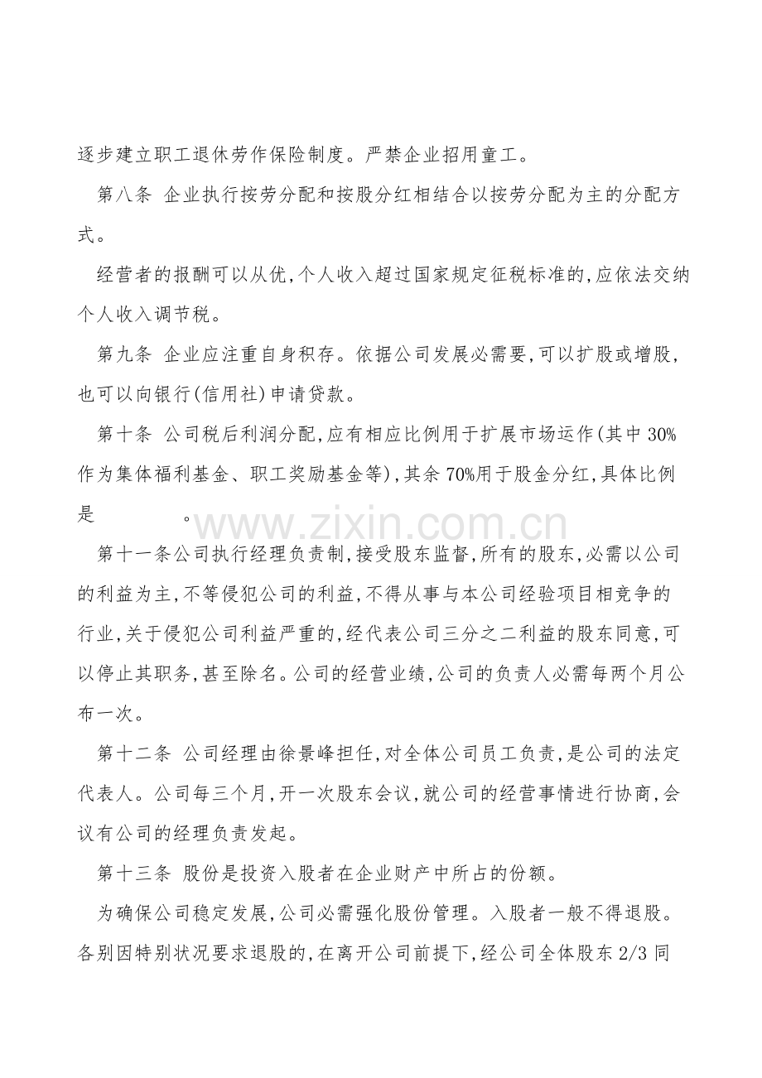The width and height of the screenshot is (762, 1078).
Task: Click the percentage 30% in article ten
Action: click(664, 436)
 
